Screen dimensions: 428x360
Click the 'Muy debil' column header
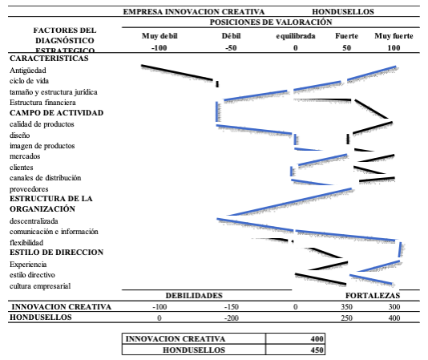[159, 36]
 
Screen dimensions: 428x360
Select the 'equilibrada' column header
[295, 36]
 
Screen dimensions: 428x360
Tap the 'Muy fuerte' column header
[394, 36]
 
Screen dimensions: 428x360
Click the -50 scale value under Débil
[231, 48]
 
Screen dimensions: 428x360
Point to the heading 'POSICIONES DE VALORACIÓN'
[271, 22]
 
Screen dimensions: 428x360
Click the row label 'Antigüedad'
[28, 71]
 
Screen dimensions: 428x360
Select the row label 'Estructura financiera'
[42, 103]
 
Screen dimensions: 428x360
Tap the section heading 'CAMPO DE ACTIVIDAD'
[56, 113]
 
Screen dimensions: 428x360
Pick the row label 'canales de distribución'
[46, 178]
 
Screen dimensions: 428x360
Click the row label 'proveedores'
[29, 189]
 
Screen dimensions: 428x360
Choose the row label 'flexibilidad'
[26, 243]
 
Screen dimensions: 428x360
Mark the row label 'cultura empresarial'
[40, 286]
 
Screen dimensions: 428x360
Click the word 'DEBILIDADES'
[194, 296]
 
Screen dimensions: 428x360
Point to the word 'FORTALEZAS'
[373, 296]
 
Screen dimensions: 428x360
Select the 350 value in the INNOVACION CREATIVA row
[347, 307]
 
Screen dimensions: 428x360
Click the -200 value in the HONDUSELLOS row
[232, 318]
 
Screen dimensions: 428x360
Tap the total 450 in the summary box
[317, 350]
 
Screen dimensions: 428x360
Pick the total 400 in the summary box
[317, 339]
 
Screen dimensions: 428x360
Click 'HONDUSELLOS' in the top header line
[343, 12]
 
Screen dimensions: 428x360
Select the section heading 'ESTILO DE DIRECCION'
[56, 252]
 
